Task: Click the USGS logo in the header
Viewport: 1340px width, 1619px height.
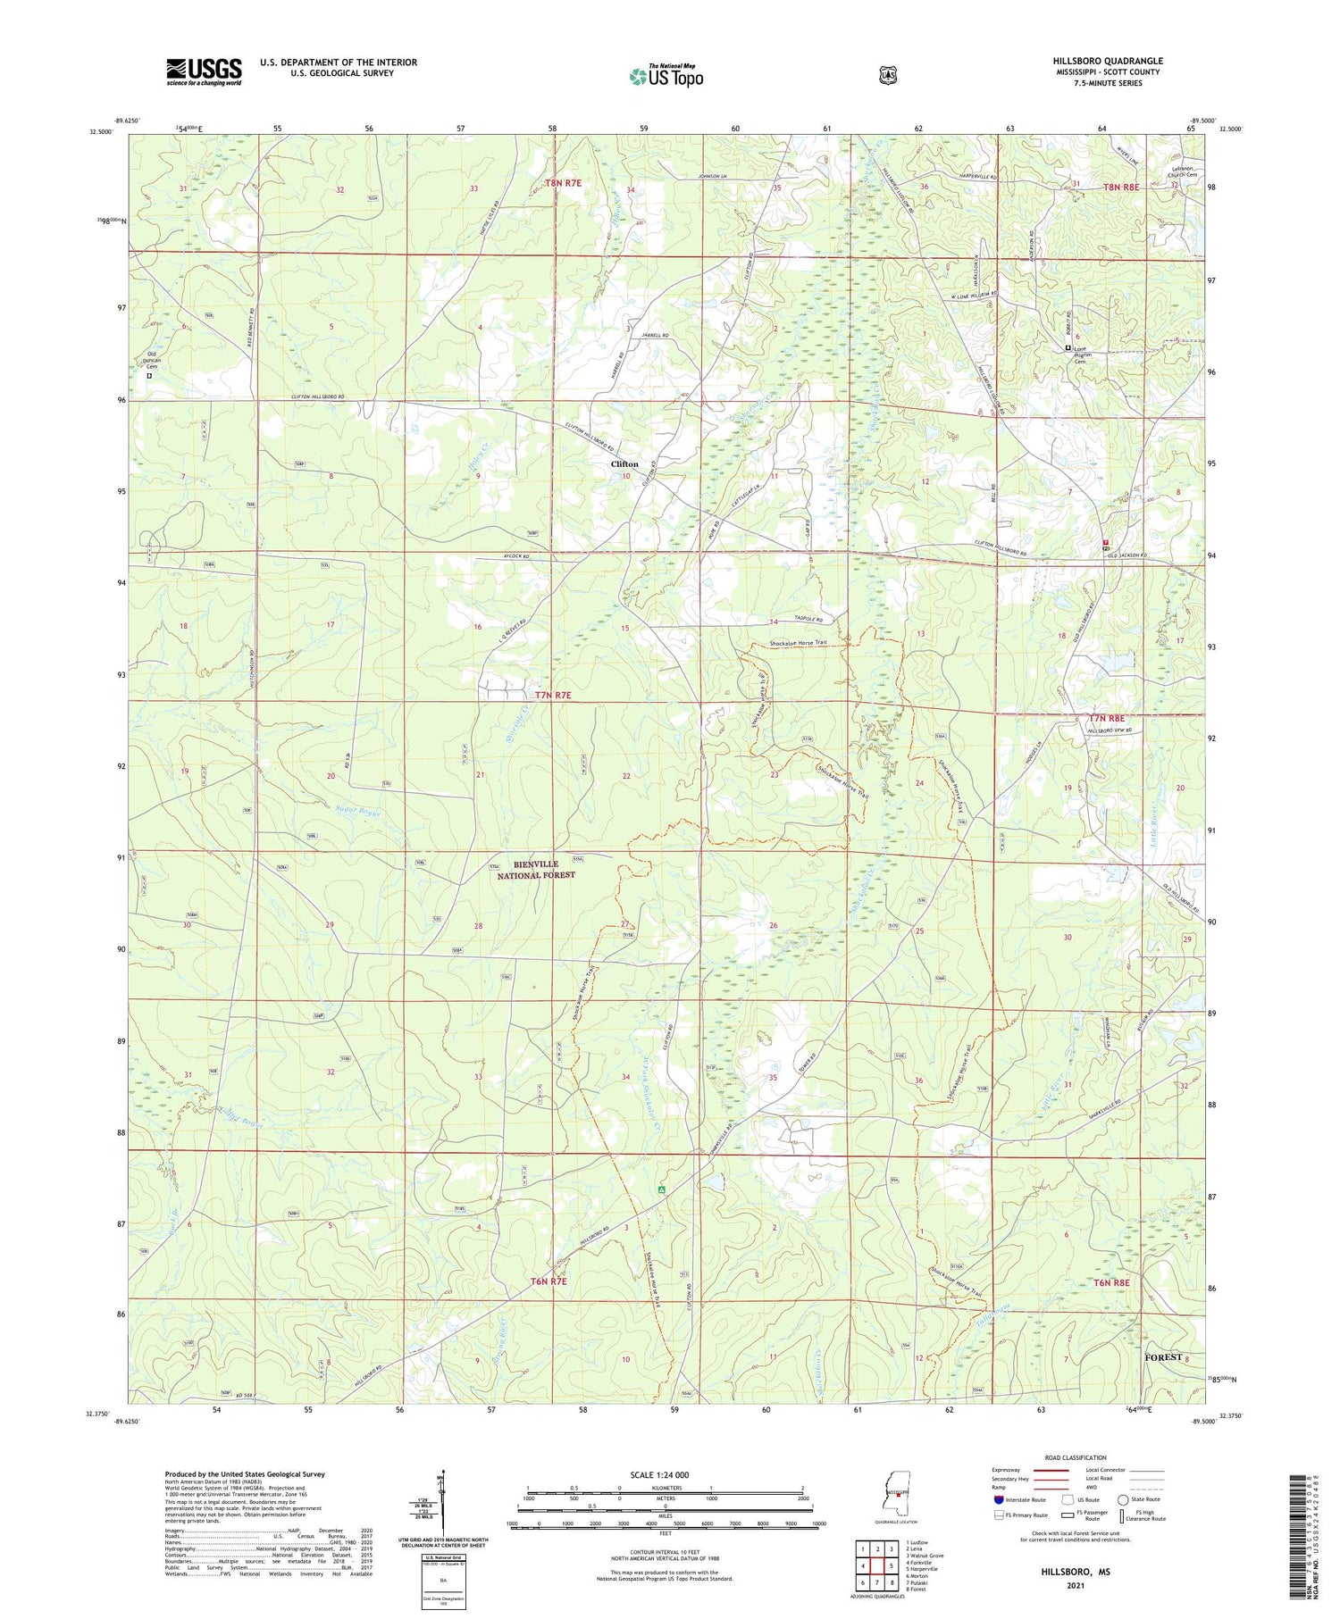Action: click(x=204, y=71)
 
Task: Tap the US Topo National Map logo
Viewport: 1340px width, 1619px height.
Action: click(x=666, y=77)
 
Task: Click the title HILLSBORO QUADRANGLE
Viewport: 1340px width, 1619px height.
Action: click(x=1107, y=61)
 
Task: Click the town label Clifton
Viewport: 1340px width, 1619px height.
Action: click(x=624, y=464)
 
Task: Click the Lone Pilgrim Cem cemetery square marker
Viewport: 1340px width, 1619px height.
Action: click(x=1068, y=348)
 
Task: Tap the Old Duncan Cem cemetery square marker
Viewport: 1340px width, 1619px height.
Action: click(x=149, y=376)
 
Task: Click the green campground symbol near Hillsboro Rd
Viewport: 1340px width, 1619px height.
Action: click(x=661, y=1189)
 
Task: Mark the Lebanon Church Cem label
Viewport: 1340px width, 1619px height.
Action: click(x=1178, y=171)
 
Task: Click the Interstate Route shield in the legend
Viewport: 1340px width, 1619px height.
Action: click(x=999, y=1499)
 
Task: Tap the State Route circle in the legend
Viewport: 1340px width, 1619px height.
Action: click(x=1125, y=1499)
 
